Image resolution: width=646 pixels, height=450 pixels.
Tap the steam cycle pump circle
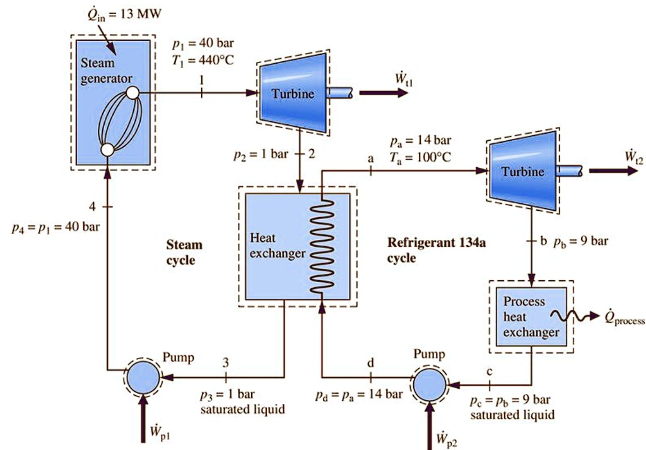click(x=144, y=378)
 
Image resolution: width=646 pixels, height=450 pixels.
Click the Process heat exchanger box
click(x=531, y=316)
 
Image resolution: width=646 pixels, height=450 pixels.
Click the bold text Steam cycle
click(x=184, y=252)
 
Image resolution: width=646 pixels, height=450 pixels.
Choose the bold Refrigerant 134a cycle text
click(x=429, y=250)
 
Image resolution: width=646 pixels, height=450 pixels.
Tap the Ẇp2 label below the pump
click(x=448, y=437)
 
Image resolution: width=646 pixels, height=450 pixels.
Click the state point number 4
click(x=92, y=206)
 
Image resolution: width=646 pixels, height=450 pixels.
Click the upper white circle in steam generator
click(x=132, y=93)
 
